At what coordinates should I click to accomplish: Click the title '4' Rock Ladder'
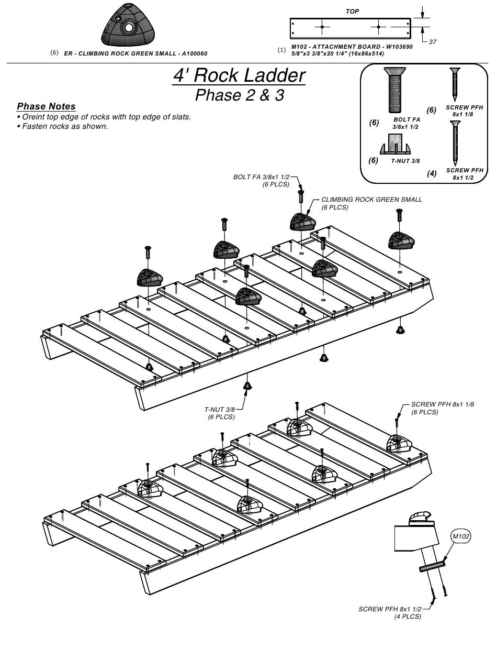239,75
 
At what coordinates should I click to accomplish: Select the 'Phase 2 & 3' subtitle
239,95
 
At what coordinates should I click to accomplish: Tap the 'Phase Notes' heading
46,106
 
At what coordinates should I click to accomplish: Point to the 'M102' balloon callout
461,536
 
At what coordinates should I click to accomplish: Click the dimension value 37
433,42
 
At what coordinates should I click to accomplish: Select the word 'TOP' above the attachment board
352,11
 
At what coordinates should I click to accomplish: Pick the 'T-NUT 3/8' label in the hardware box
405,161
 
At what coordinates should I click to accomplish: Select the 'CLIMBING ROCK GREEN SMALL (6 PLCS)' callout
371,203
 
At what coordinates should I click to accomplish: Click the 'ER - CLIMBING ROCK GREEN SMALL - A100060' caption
135,53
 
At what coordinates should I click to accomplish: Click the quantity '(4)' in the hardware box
432,173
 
